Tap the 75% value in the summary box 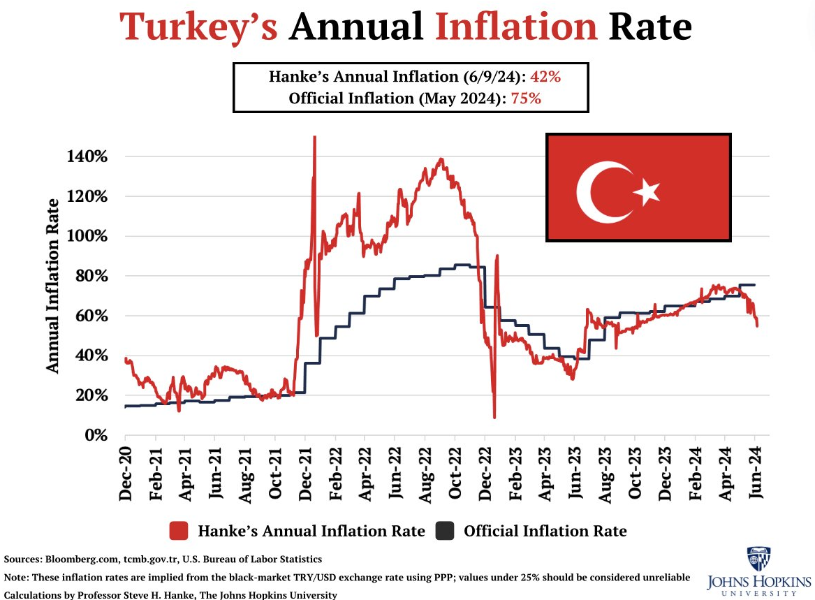[x=526, y=98]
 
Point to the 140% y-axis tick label [x=87, y=156]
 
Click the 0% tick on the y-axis [x=96, y=435]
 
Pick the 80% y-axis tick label [x=91, y=276]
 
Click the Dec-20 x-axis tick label [x=126, y=474]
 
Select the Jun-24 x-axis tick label [x=756, y=474]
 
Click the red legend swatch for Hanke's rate [x=179, y=531]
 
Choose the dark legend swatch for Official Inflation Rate [x=445, y=531]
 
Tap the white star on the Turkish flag [x=647, y=191]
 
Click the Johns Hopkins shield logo [x=758, y=559]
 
